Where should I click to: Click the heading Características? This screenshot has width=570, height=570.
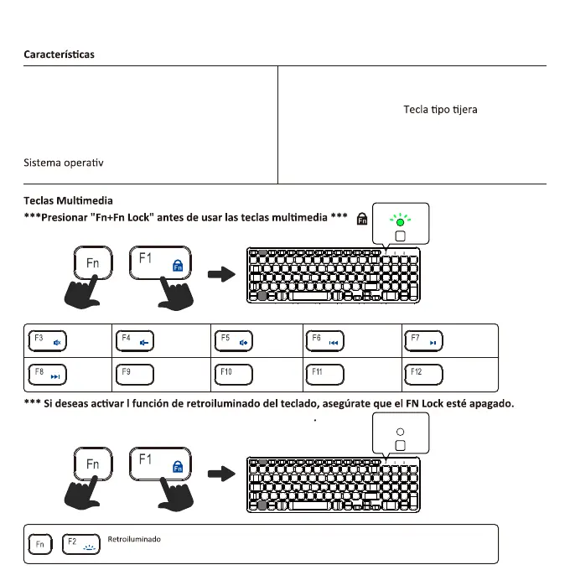(59, 54)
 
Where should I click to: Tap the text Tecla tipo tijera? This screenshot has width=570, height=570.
(440, 110)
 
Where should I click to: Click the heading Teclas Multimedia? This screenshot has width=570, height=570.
(68, 201)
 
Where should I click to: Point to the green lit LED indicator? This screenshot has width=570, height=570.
(400, 222)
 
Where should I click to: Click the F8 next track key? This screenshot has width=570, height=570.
(48, 373)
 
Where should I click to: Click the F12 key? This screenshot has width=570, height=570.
(423, 373)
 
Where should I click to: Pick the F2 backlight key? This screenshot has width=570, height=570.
(80, 544)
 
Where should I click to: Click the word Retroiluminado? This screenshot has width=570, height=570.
(134, 539)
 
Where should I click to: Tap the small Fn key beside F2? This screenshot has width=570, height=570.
(39, 545)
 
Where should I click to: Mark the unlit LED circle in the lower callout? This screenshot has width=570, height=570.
(400, 430)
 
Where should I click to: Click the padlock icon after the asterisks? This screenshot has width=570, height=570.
(362, 220)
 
